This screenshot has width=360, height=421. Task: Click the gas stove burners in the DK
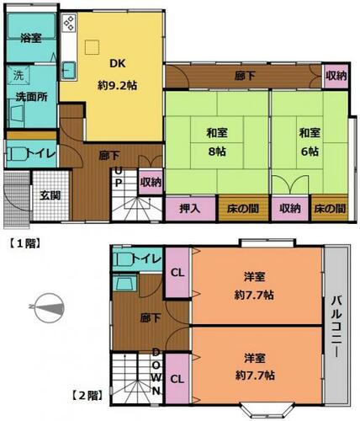(69, 23)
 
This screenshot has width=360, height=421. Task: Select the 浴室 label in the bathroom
(31, 38)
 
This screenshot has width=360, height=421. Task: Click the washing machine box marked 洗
(19, 75)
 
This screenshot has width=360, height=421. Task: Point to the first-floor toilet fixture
(18, 154)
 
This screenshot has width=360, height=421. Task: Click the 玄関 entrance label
(50, 195)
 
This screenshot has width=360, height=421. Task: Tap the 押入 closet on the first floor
(190, 209)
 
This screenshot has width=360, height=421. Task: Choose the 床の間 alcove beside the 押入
(243, 208)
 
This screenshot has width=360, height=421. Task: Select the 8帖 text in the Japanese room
(217, 152)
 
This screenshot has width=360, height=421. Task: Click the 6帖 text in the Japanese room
(310, 152)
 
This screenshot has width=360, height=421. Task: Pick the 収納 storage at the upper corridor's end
(336, 76)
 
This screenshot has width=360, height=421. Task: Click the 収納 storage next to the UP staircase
(151, 182)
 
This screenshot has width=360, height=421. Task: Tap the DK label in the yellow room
(118, 63)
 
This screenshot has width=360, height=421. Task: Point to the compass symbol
(48, 308)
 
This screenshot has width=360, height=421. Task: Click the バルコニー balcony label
(336, 327)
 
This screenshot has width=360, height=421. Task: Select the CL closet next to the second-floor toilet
(177, 272)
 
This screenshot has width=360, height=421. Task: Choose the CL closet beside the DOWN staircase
(177, 379)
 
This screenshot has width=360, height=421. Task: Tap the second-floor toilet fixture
(124, 259)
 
